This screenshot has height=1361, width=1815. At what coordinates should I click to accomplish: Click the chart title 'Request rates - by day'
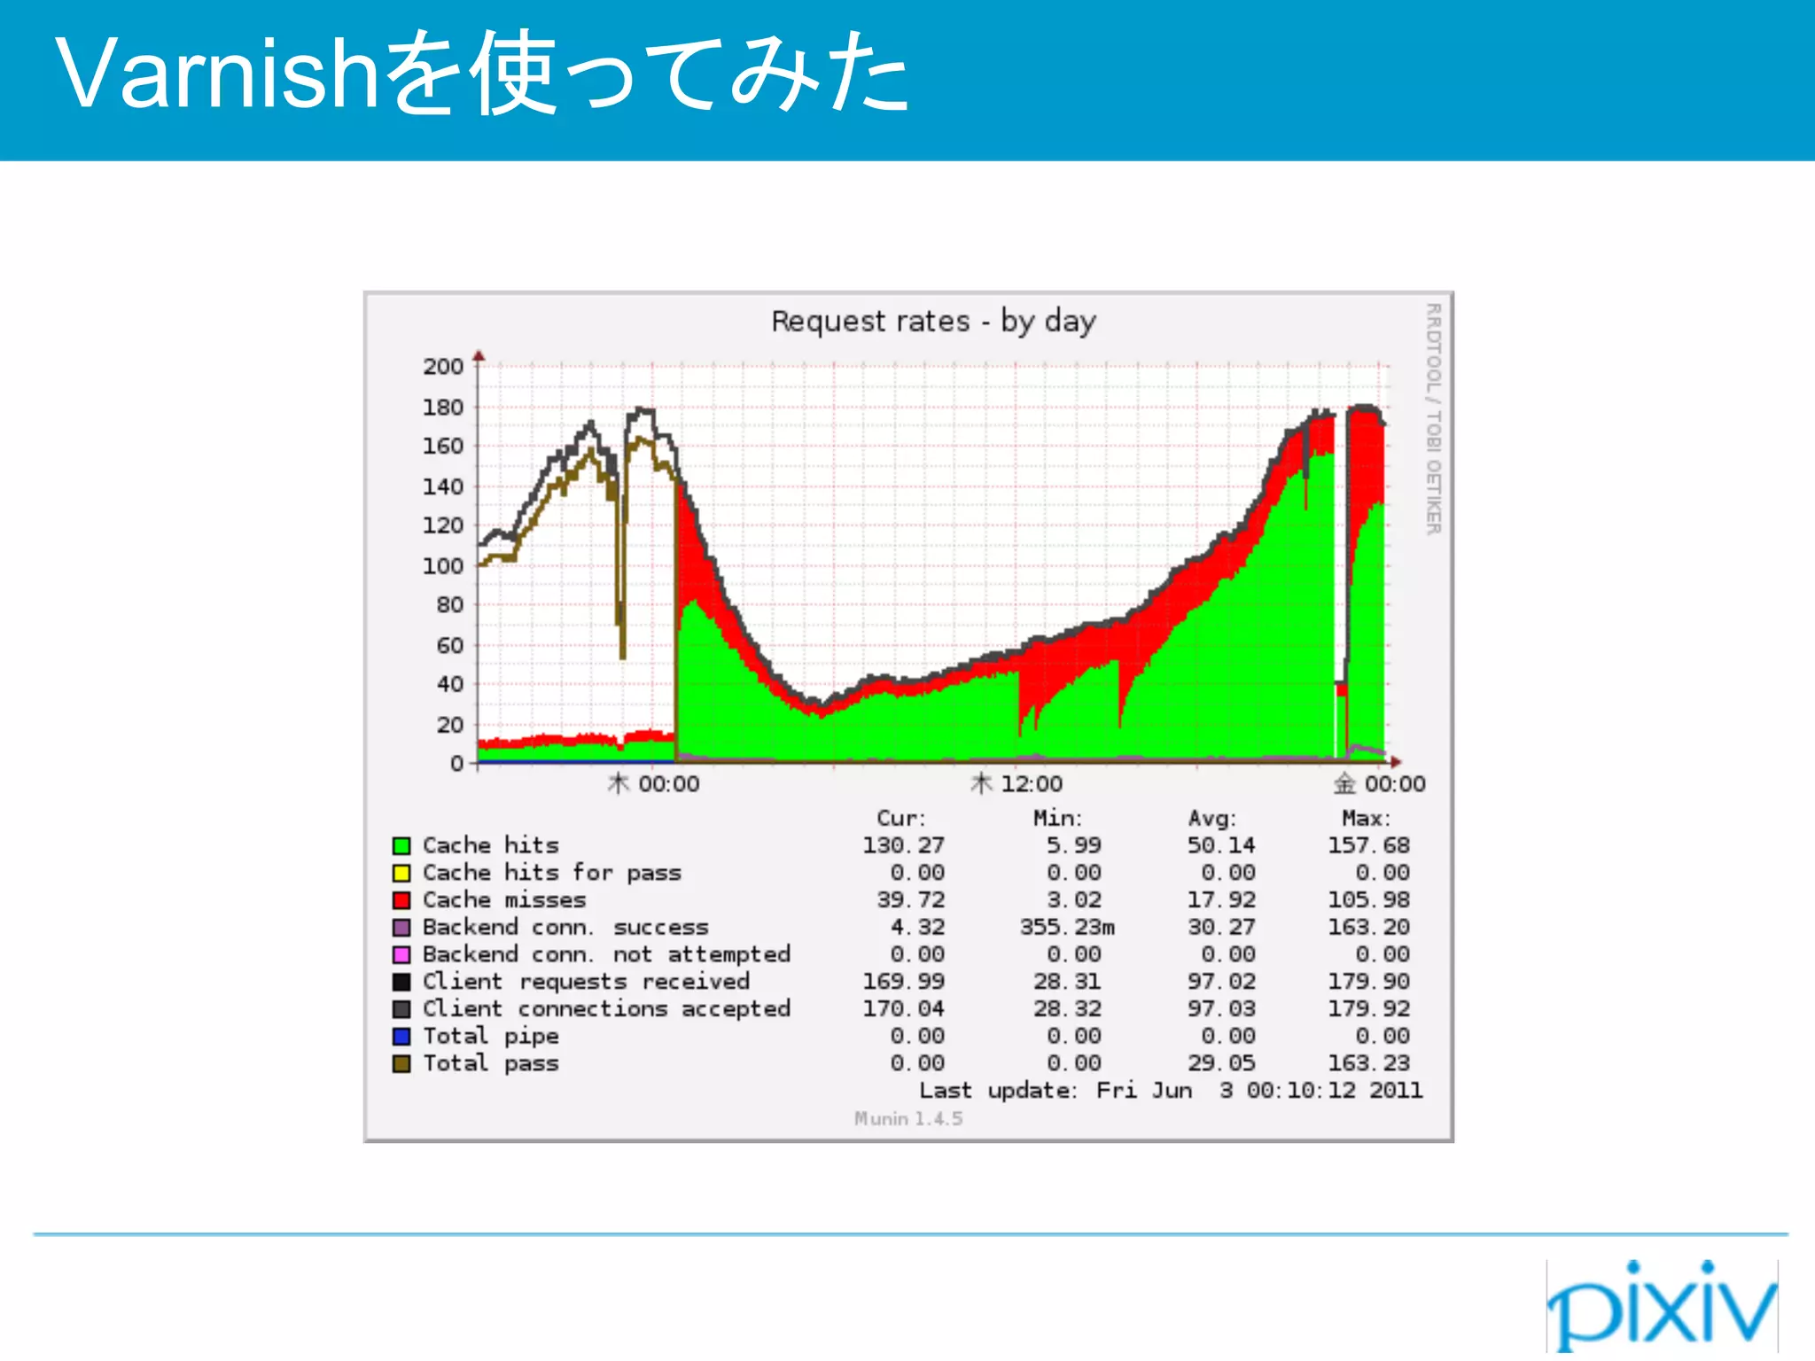point(933,321)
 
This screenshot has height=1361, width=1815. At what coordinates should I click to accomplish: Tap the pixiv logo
point(1662,1306)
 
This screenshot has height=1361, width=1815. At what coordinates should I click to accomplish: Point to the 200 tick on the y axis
point(443,366)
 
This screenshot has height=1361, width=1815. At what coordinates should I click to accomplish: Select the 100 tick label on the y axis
point(443,565)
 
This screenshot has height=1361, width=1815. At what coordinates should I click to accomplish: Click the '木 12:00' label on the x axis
point(1017,784)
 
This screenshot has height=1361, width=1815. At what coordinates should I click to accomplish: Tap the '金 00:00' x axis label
point(1379,784)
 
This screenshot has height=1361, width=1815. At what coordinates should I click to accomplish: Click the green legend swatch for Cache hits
point(401,846)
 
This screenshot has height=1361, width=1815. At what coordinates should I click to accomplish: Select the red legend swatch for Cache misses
point(401,900)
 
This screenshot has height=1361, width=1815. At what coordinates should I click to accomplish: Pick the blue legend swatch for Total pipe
point(401,1037)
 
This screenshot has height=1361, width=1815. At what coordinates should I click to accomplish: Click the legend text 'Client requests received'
point(586,982)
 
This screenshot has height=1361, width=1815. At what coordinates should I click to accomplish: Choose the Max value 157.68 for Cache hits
point(1368,845)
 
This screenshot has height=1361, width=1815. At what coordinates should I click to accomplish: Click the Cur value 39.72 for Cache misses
point(911,900)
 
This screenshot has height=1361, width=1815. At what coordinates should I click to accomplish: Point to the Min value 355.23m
point(1067,928)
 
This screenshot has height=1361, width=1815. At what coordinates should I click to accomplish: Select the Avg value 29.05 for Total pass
point(1221,1063)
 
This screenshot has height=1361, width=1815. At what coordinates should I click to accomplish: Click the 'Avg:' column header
point(1211,819)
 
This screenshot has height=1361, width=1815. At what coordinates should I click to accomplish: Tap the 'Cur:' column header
point(901,819)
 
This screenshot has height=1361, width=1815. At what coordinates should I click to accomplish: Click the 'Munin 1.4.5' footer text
point(908,1119)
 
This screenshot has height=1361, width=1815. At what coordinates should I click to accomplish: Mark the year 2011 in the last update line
point(1396,1091)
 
